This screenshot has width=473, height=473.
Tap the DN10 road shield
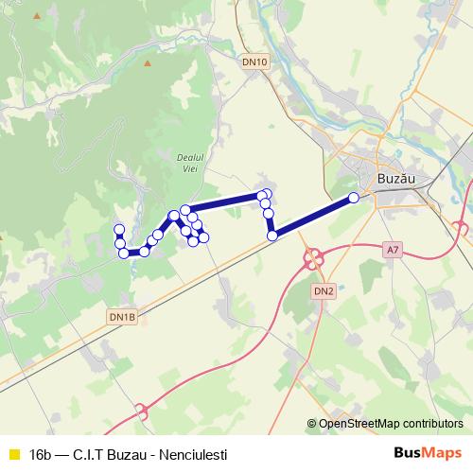[x=254, y=62]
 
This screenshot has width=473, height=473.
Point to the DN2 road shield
[x=323, y=291]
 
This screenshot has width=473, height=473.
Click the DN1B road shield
[x=122, y=316]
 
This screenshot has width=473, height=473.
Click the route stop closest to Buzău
[x=354, y=198]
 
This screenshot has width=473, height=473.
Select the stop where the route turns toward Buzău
[x=272, y=236]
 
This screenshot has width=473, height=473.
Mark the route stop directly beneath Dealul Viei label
[x=185, y=209]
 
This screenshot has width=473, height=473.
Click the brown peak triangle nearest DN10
[x=148, y=64]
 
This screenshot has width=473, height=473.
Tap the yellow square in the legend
[x=12, y=454]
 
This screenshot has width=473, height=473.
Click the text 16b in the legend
[x=41, y=454]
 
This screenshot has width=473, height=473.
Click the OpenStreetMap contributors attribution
[x=391, y=424]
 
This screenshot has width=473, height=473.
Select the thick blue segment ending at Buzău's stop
[x=313, y=217]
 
